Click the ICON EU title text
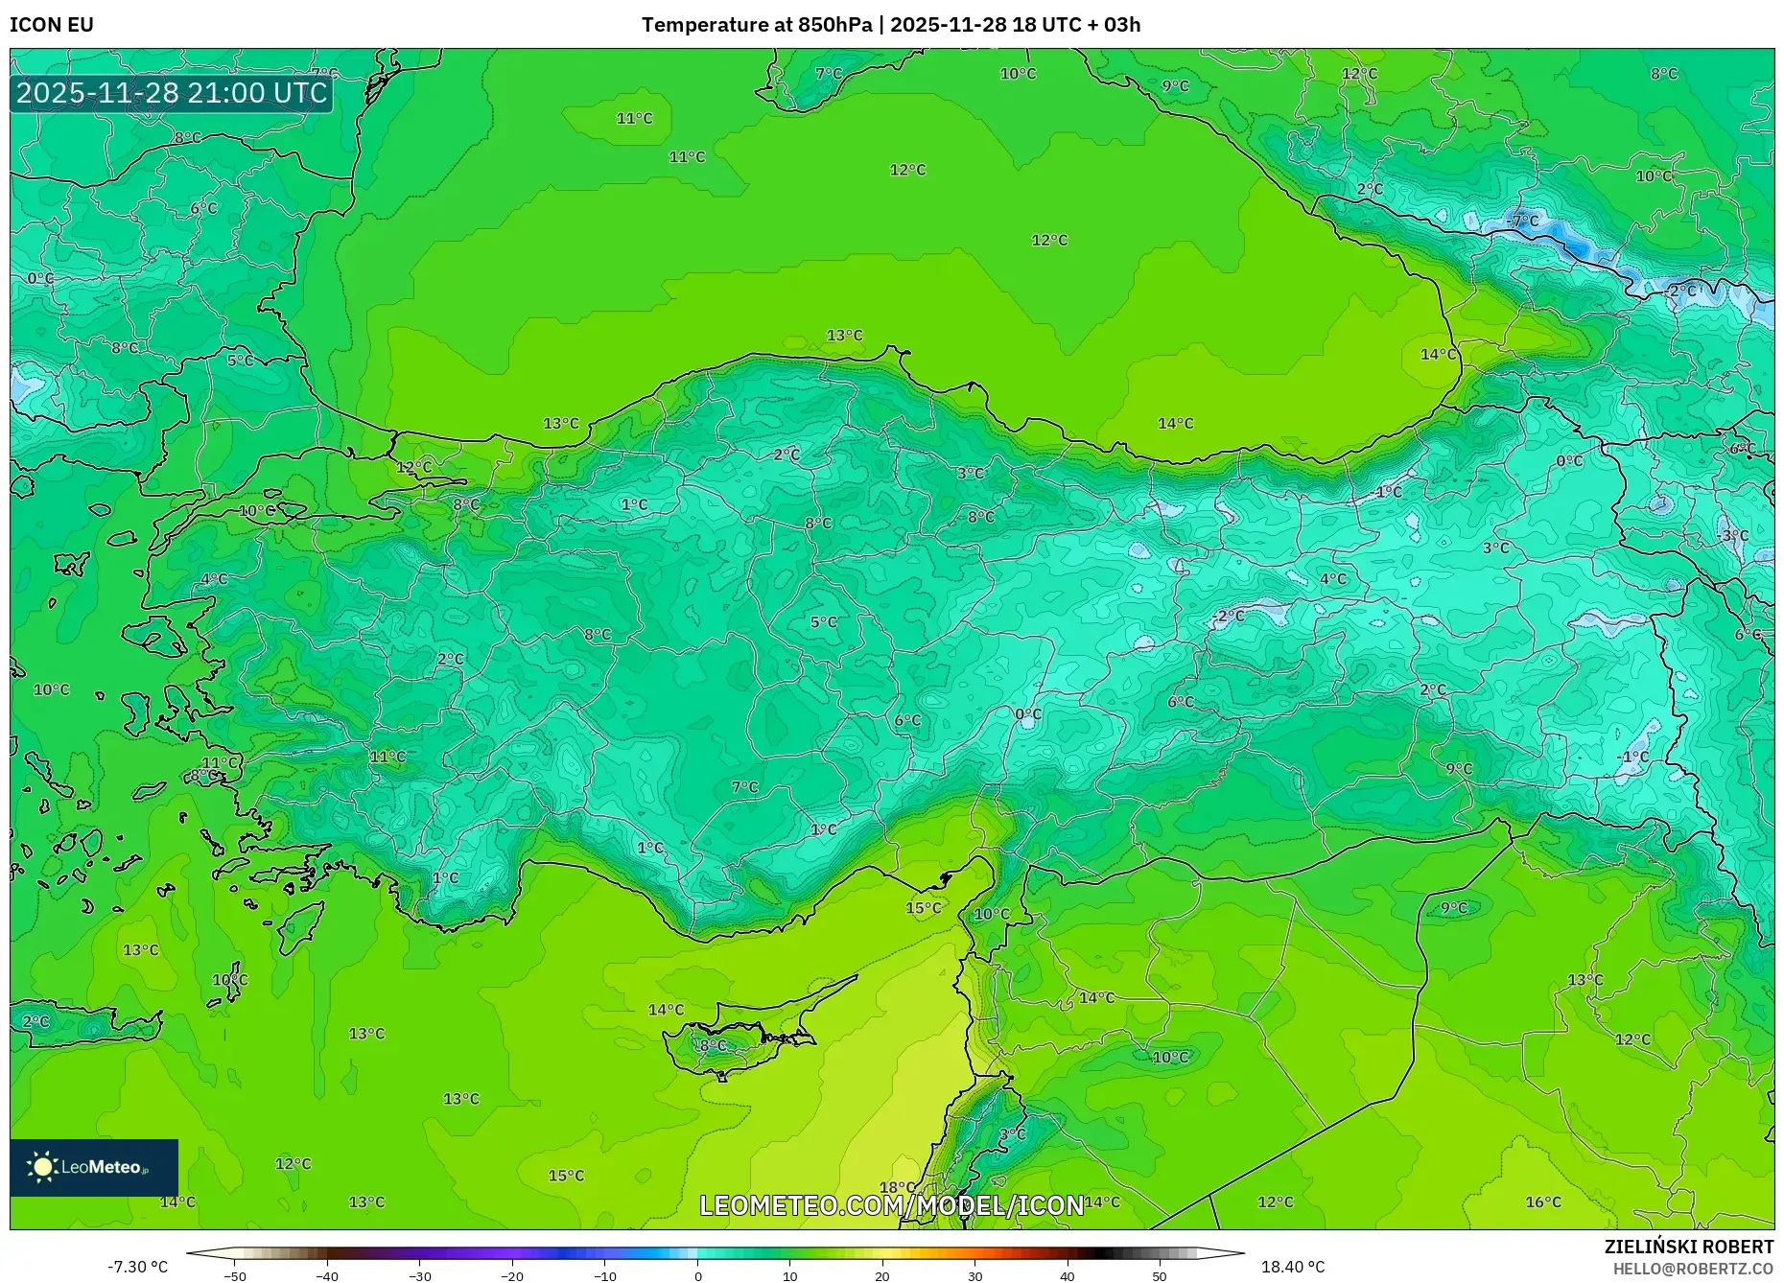[x=52, y=25]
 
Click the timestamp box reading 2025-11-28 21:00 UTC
[x=172, y=93]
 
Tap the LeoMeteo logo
[x=93, y=1167]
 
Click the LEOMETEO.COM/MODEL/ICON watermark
[x=891, y=1205]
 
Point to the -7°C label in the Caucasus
[x=1522, y=222]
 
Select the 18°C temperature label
[x=897, y=1188]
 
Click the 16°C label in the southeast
[x=1543, y=1201]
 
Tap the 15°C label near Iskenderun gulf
[x=923, y=908]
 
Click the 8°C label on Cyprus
[x=713, y=1045]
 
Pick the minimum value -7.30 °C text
[x=137, y=1267]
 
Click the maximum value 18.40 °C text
[x=1292, y=1267]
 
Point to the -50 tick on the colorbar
[x=235, y=1276]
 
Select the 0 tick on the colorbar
[x=697, y=1276]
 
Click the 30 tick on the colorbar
[x=974, y=1276]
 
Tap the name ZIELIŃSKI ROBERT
[x=1688, y=1247]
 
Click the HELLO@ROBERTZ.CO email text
[x=1692, y=1269]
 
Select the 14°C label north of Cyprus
[x=666, y=1010]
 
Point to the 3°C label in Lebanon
[x=1012, y=1134]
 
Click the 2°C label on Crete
[x=35, y=1021]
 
